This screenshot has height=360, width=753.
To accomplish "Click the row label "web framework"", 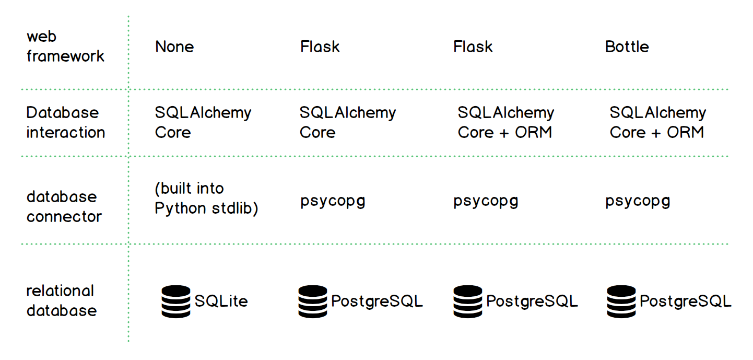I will point(65,47).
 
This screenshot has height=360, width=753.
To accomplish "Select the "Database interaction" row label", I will point(65,122).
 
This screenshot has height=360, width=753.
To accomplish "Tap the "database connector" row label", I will point(64,206).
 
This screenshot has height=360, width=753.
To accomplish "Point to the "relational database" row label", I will point(62,300).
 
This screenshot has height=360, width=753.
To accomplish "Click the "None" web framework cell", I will point(174,47).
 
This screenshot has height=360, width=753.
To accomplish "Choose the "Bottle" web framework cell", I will point(627,47).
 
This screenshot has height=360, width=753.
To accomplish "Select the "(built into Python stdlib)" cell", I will point(206,198).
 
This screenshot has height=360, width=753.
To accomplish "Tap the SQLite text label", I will point(221,301).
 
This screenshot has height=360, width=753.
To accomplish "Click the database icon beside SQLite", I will point(175,301).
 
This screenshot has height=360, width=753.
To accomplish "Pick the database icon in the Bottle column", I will point(621,301).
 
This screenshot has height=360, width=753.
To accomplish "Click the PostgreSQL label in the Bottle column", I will point(685,301).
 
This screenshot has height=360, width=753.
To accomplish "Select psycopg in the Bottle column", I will point(638,201).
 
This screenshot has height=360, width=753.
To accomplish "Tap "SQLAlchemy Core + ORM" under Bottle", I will point(657,122).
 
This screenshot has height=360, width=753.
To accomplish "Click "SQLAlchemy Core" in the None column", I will point(203,122).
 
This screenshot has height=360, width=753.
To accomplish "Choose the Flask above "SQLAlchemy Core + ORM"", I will point(473,47).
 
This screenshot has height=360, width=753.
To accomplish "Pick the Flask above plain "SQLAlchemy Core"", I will point(320,47).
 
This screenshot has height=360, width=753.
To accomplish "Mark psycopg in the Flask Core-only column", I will point(333,201).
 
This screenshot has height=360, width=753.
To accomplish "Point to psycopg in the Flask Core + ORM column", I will point(486,201).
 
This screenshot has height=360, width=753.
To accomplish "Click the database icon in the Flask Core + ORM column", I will point(468,301).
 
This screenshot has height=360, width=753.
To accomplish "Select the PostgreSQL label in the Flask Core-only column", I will point(376,301).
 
